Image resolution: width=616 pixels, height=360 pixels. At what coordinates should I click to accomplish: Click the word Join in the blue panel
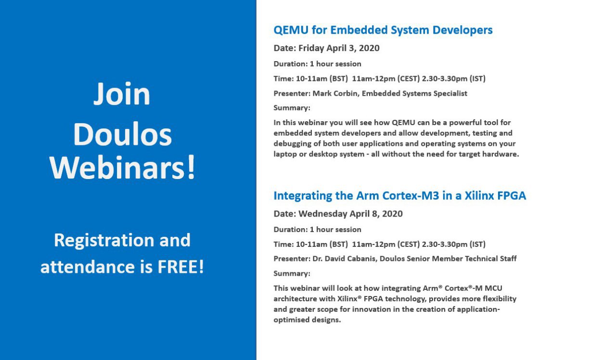point(122,94)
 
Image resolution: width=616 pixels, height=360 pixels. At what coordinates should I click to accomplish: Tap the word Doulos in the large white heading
point(122,134)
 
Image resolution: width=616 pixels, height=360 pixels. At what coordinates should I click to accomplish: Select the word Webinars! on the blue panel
point(122,167)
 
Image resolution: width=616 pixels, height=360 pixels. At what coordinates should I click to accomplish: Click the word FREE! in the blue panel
point(180,267)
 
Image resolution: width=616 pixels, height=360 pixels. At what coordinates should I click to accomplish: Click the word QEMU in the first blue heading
point(291,30)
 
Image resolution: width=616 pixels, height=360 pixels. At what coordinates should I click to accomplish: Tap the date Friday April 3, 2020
point(339,48)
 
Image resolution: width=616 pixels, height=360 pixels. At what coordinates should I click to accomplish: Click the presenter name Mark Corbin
point(335,93)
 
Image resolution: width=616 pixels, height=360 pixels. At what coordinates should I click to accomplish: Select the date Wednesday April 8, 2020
point(351,214)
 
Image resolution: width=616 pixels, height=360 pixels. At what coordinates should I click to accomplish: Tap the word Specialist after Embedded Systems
point(450,94)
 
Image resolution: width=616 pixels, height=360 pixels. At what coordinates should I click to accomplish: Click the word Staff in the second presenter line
point(508,259)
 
